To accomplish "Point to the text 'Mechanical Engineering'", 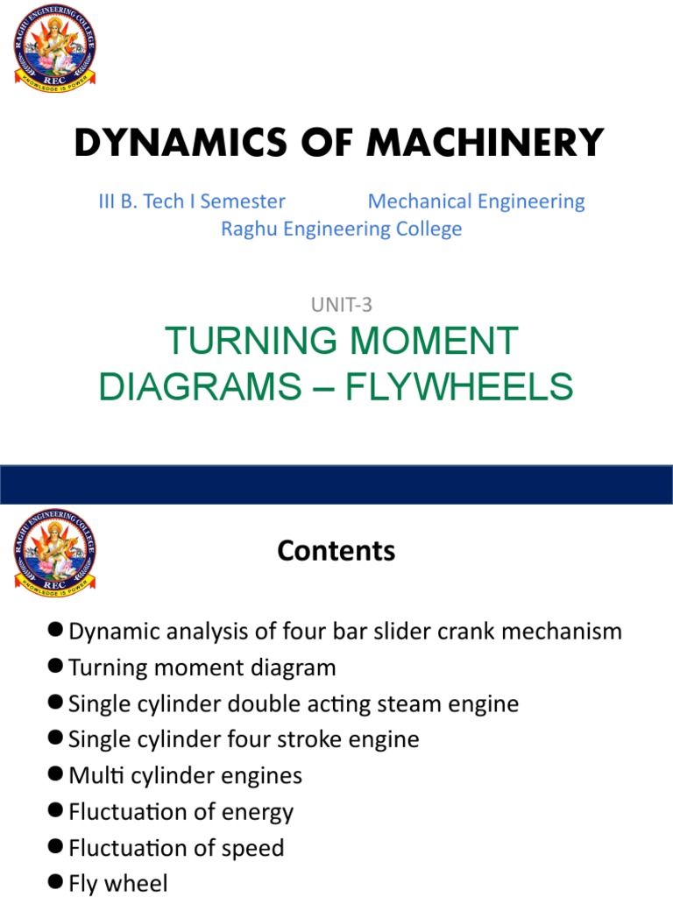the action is click(476, 201).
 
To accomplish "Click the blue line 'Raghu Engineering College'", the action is click(341, 229).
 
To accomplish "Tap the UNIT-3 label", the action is click(341, 305).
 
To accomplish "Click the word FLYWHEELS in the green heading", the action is click(459, 385).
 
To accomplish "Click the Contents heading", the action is click(336, 550).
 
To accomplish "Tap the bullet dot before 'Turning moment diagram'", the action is click(57, 667).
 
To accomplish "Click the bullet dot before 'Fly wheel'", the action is click(57, 882).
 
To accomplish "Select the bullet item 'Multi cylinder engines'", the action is click(185, 775).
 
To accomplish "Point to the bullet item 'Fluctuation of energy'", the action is click(181, 811).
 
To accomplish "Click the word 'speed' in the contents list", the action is click(251, 848).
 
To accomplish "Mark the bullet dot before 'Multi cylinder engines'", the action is click(57, 774).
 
